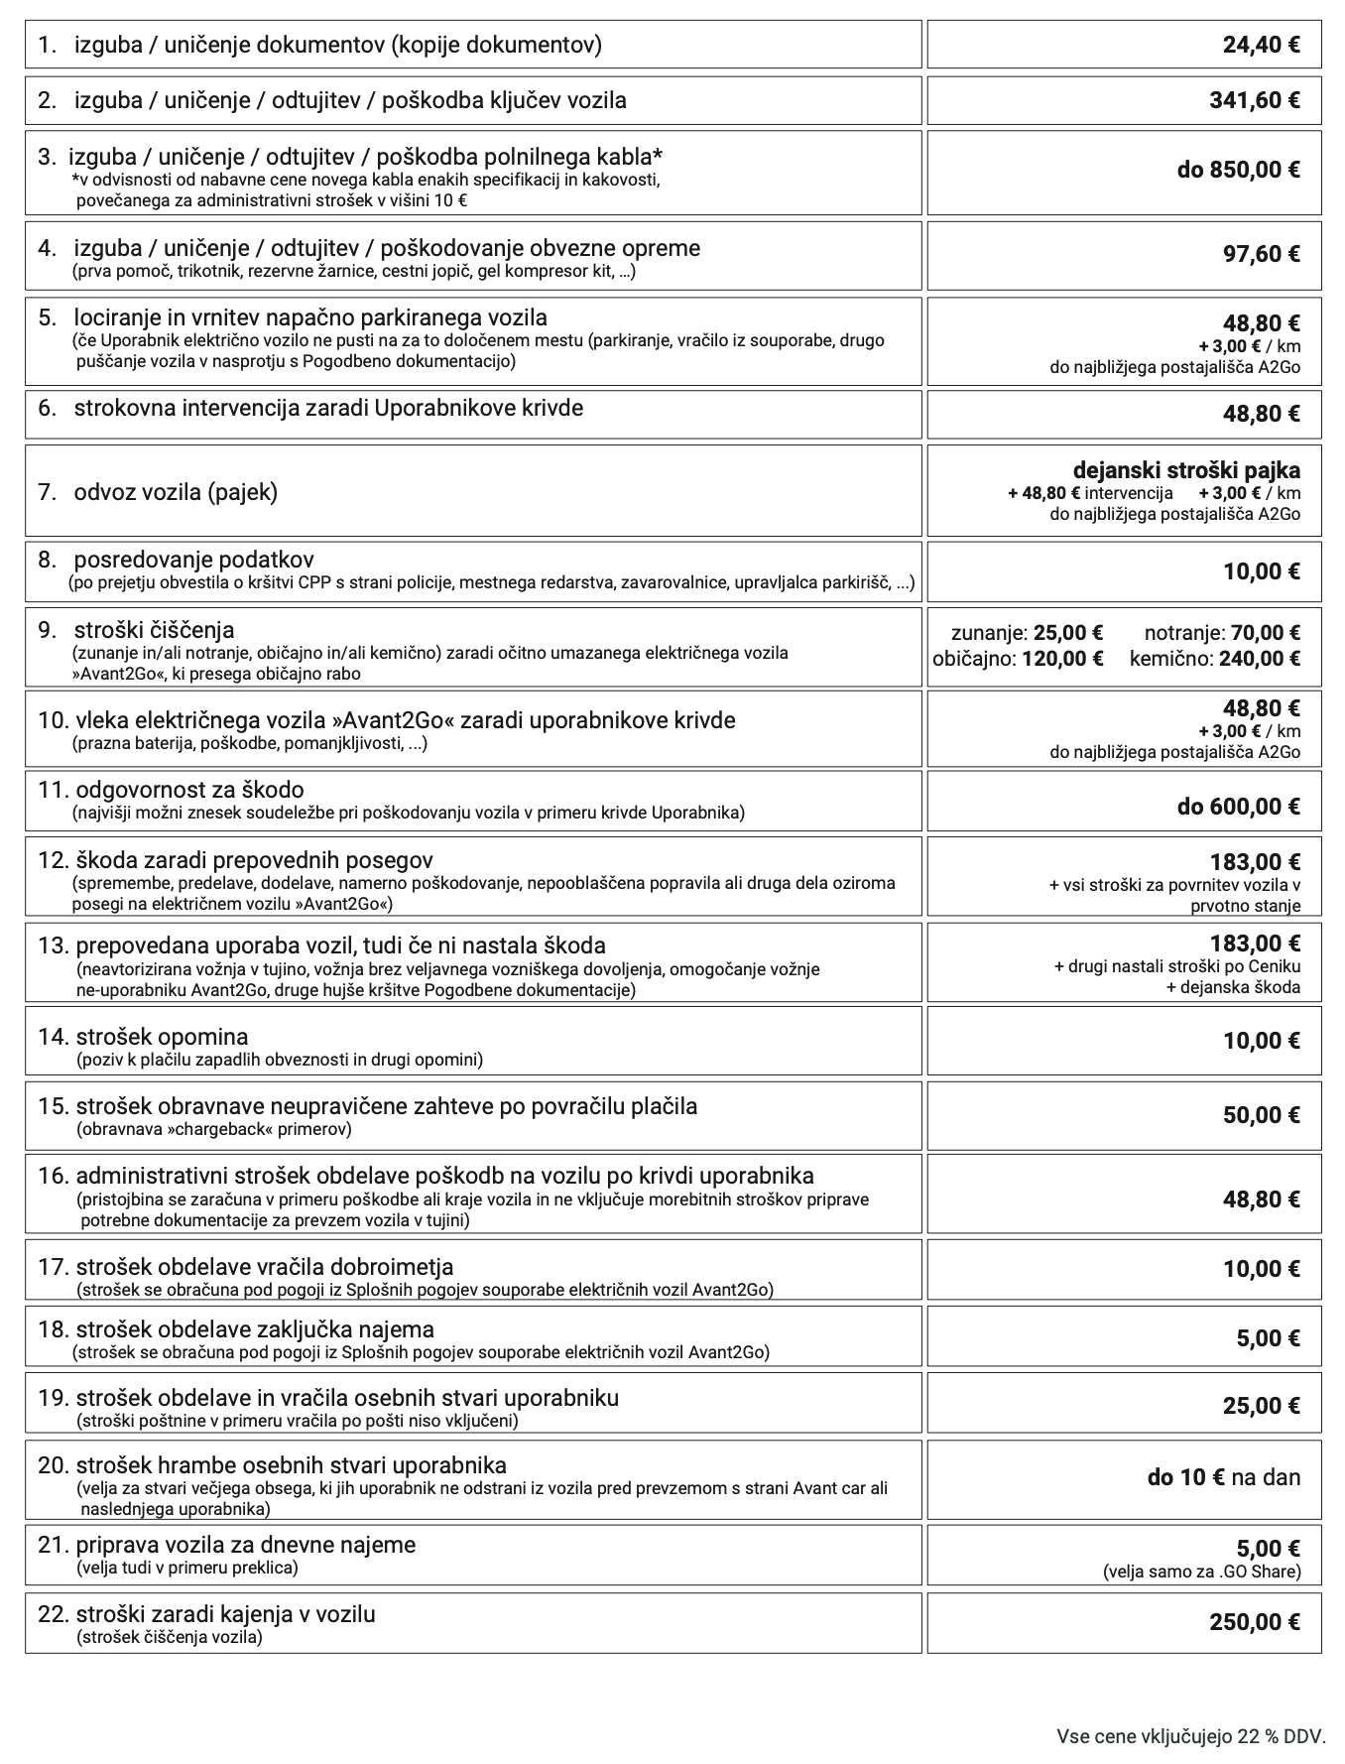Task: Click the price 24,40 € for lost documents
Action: [x=1261, y=45]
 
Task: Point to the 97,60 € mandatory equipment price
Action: [x=1261, y=254]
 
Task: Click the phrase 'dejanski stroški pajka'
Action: [x=1186, y=470]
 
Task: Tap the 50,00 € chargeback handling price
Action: [x=1261, y=1115]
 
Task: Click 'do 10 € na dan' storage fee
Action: [x=1223, y=1477]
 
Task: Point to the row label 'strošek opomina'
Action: [x=162, y=1037]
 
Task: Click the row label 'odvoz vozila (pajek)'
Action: [x=176, y=492]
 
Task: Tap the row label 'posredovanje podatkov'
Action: [x=193, y=560]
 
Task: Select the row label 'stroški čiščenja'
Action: [x=154, y=630]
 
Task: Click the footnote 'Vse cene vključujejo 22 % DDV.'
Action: [x=1190, y=1736]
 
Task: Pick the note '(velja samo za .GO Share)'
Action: [x=1201, y=1572]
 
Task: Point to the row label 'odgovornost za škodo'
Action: [x=189, y=790]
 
